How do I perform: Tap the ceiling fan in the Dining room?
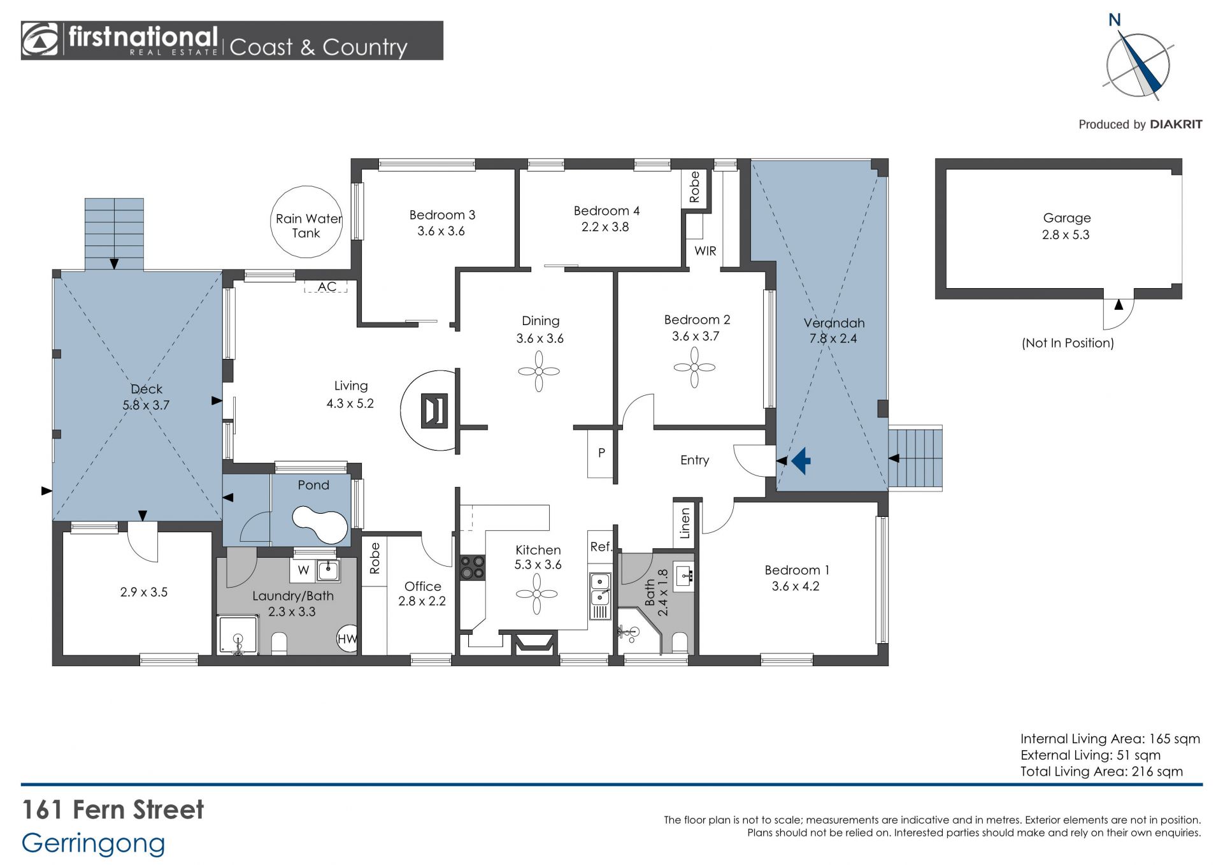539,372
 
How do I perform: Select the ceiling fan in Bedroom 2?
694,367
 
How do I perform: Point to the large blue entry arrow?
801,460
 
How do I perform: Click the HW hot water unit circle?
347,639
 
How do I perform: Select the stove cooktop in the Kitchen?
473,567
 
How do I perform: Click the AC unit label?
327,287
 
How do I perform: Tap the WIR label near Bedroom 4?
705,251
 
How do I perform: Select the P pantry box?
601,453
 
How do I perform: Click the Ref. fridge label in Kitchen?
601,547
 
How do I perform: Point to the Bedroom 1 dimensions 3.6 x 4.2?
796,586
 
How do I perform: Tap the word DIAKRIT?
1176,124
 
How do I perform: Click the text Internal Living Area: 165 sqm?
1110,739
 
